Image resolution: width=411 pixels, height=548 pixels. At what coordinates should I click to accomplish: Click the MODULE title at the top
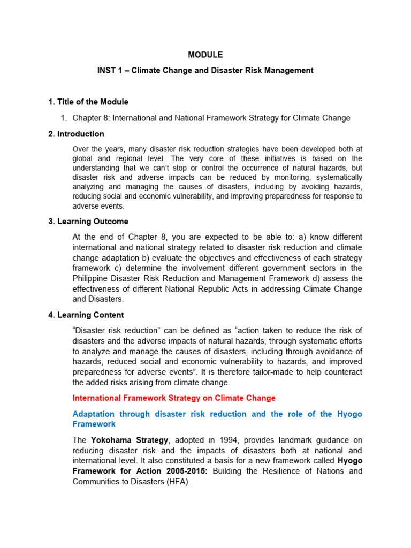click(205, 55)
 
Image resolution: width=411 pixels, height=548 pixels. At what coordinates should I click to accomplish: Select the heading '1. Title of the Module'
click(88, 102)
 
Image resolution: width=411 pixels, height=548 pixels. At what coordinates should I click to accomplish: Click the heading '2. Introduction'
click(76, 134)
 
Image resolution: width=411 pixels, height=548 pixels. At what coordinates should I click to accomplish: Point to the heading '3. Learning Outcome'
click(88, 221)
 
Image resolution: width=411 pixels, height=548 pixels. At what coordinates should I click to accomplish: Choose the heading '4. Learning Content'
click(86, 315)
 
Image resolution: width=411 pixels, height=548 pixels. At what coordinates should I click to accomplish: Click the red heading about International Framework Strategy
click(174, 398)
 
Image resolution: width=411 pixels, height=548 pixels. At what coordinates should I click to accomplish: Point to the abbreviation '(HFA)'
click(179, 481)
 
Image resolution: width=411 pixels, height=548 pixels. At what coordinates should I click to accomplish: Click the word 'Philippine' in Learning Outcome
click(90, 278)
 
